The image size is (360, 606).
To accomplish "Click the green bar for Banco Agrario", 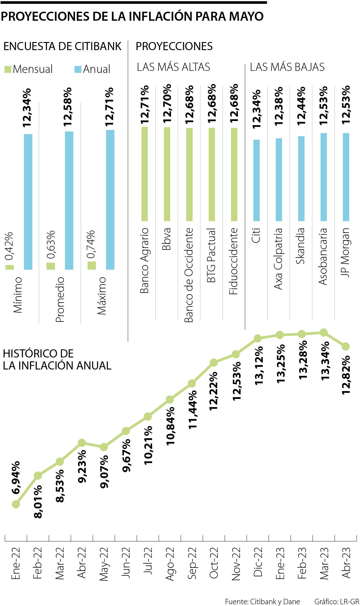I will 145,174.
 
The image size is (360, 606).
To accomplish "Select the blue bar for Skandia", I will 301,179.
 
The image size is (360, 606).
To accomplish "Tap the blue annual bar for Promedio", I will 69,200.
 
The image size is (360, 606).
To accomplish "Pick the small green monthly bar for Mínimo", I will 10,267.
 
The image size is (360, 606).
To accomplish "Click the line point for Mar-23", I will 323,332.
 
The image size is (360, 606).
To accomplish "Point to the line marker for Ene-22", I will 16,504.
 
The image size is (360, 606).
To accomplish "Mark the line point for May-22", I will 104,447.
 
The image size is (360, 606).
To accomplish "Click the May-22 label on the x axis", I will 104,564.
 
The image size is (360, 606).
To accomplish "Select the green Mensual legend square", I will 8,69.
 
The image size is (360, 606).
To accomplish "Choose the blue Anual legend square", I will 78,69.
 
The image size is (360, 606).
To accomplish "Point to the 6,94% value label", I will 16,477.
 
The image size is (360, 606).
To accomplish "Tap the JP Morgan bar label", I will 346,252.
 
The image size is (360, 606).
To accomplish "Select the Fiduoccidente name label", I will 234,261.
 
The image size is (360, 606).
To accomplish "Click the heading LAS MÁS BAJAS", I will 287,67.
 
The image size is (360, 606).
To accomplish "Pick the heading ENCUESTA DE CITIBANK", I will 62,46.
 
